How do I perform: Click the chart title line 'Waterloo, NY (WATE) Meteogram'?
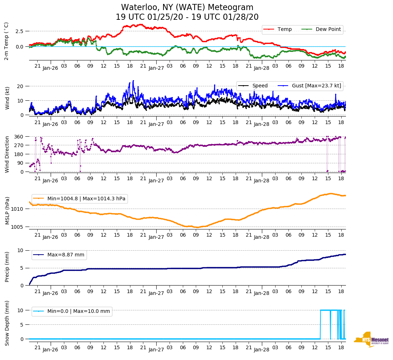(x=187, y=8)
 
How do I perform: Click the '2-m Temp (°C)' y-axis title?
(x=6, y=41)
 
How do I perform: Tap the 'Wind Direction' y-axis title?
(x=7, y=154)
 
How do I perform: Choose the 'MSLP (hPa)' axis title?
(x=7, y=211)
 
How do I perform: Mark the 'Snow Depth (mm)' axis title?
(x=7, y=323)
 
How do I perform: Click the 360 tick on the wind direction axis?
(x=19, y=137)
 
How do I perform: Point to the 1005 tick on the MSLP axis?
(x=18, y=227)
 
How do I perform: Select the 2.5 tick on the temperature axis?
(x=19, y=31)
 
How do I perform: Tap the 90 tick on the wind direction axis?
(x=20, y=163)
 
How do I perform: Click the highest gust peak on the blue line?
(x=133, y=81)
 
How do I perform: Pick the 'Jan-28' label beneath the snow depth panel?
(x=262, y=350)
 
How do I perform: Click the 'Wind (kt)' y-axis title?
(x=7, y=98)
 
